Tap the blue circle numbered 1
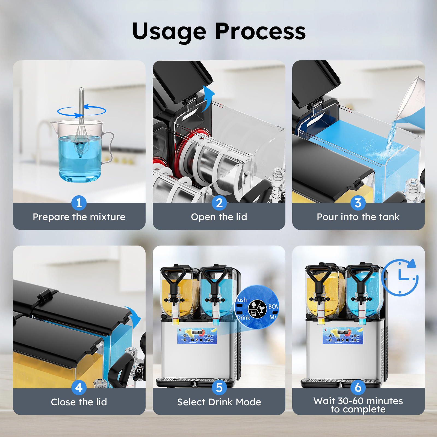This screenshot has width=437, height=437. tap(79, 203)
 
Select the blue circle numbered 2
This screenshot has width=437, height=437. tap(219, 203)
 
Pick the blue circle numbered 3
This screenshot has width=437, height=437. tap(358, 203)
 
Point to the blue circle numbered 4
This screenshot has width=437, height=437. tap(79, 388)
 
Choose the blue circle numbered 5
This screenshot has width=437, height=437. tap(219, 388)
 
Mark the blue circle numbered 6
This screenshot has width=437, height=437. tap(358, 387)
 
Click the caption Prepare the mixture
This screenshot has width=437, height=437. tap(79, 217)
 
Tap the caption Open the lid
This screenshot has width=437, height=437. tap(219, 217)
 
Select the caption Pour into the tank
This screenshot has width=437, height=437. tap(358, 217)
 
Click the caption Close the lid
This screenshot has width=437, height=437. tap(79, 402)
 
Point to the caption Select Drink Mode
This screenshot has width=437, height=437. tap(219, 402)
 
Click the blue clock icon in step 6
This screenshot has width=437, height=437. tap(400, 277)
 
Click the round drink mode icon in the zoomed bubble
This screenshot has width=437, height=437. tap(257, 309)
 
